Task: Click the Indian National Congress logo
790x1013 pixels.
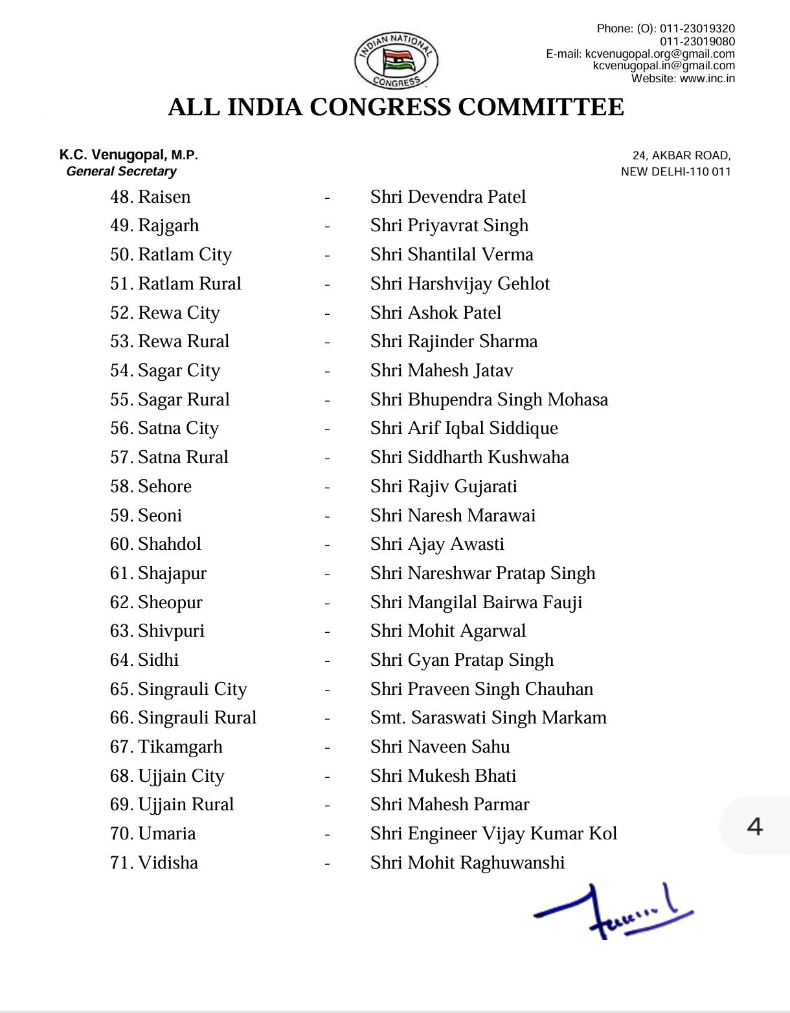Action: [x=396, y=61]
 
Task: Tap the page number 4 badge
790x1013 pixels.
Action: [x=754, y=826]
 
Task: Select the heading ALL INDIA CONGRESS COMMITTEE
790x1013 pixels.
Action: [x=396, y=108]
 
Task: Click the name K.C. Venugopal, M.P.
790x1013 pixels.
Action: [x=128, y=155]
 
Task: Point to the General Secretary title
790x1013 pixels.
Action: [x=121, y=172]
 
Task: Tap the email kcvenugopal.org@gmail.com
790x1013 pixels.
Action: [x=659, y=54]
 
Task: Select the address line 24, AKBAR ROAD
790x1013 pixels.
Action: [x=681, y=155]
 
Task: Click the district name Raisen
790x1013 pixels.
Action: [x=164, y=197]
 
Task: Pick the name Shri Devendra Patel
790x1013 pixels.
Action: [x=447, y=197]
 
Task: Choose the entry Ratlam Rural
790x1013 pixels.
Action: [x=189, y=284]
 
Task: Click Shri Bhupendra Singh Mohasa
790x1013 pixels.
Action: [x=489, y=400]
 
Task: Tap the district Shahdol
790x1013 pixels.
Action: [x=169, y=544]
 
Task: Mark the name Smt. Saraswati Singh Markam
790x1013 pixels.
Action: [x=488, y=718]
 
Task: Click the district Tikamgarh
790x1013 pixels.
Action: [x=179, y=747]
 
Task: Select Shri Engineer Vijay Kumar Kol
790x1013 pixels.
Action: [x=493, y=834]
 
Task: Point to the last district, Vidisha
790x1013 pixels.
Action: [x=168, y=863]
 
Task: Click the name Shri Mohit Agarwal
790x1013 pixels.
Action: [x=447, y=631]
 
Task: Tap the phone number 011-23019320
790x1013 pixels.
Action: [x=697, y=28]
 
